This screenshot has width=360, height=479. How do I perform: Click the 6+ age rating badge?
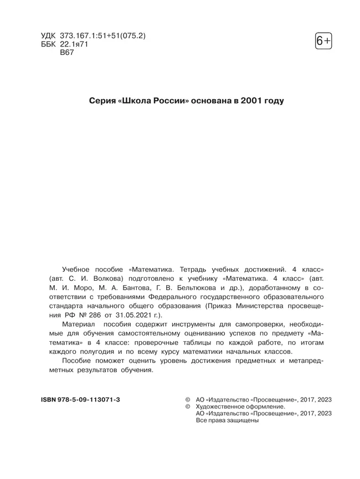coord(323,42)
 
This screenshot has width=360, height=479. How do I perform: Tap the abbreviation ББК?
coord(49,45)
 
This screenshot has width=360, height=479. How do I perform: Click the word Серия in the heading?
coord(102,101)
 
